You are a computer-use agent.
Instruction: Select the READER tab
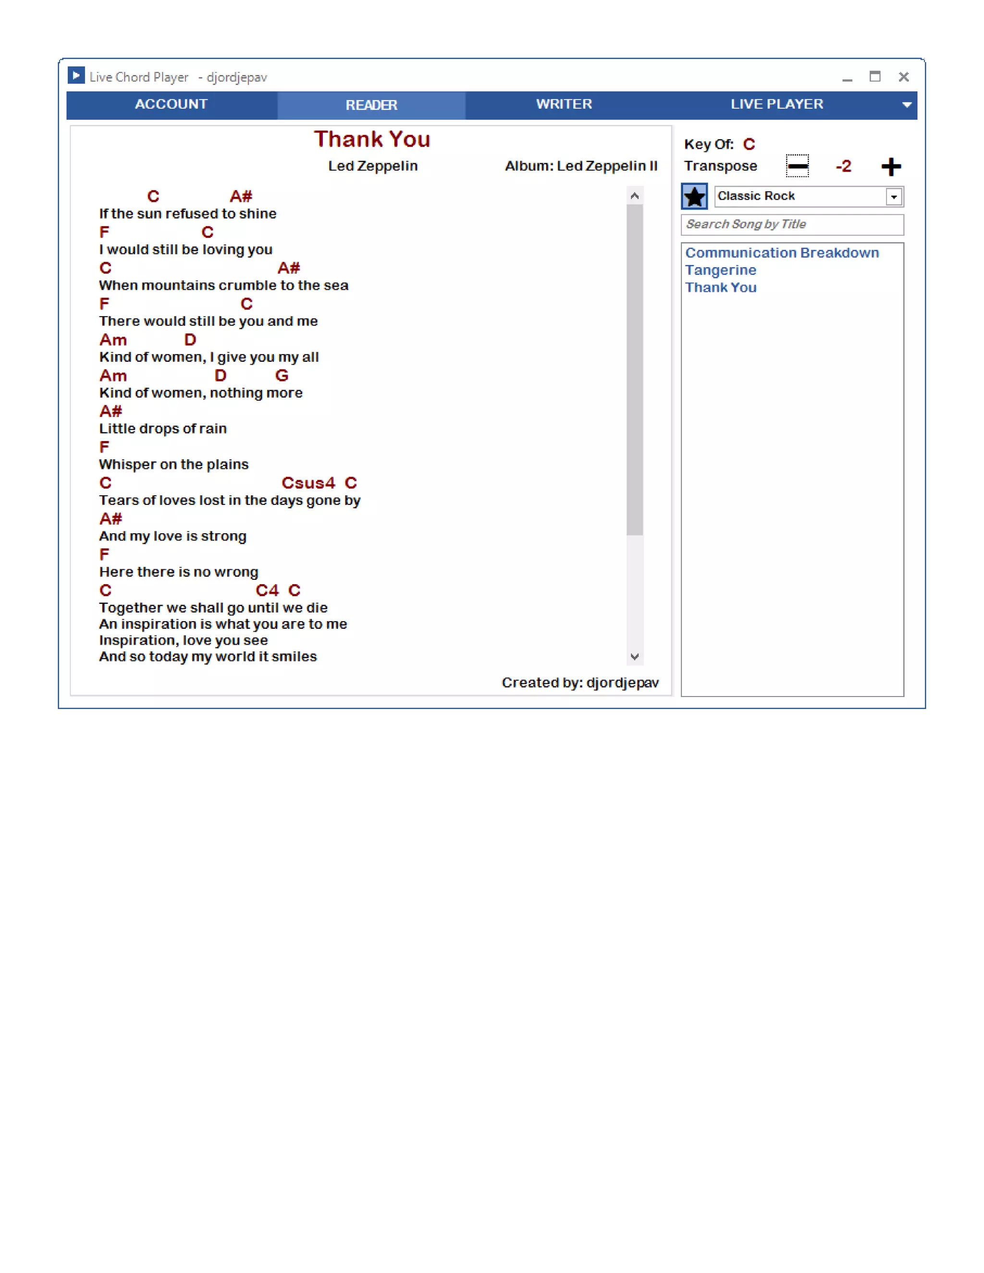371,105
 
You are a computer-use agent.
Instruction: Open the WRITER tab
564,104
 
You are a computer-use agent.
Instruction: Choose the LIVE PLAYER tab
776,104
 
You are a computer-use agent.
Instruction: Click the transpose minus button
797,166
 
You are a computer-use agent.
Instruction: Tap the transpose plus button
891,167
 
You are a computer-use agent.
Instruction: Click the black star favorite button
694,196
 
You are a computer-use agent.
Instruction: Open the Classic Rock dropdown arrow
894,197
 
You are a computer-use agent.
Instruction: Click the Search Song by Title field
792,224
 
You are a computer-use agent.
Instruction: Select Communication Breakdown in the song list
782,253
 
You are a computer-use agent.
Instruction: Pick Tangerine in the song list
721,270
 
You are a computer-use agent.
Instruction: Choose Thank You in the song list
721,288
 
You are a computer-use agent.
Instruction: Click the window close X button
904,77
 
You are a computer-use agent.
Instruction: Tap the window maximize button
874,76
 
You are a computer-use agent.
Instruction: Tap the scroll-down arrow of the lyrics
635,657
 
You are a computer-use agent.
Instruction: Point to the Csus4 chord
308,483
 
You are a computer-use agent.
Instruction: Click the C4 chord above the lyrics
267,590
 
